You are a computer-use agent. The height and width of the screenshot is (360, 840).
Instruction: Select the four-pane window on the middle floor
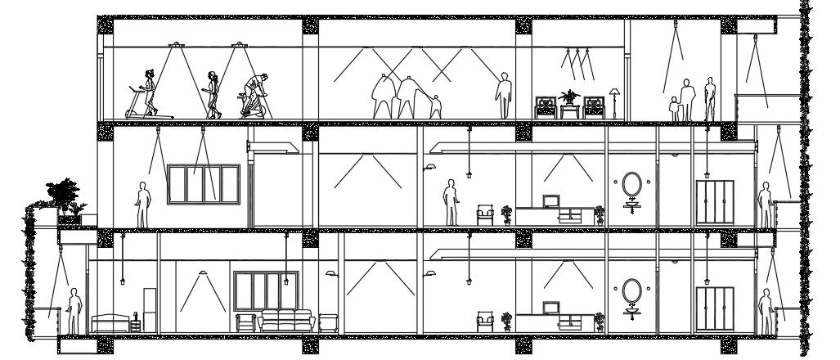click(x=203, y=185)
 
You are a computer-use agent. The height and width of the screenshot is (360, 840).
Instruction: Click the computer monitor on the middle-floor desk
click(x=550, y=200)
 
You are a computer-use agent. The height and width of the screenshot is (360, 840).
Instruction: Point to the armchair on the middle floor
click(x=485, y=215)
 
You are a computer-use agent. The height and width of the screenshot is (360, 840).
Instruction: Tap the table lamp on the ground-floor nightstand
click(x=134, y=316)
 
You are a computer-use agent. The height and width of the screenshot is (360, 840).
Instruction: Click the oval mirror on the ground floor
click(x=631, y=290)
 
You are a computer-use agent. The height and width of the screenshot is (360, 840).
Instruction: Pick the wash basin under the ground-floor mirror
click(x=631, y=312)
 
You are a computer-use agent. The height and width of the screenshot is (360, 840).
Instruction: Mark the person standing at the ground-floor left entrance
click(x=74, y=310)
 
